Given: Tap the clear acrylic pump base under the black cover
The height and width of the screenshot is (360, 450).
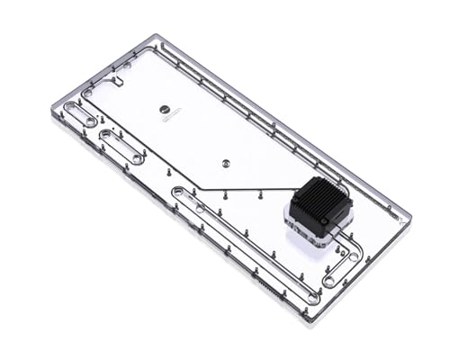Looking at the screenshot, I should pyautogui.click(x=310, y=229).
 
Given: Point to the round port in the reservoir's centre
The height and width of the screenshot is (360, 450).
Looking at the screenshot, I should pyautogui.click(x=225, y=165).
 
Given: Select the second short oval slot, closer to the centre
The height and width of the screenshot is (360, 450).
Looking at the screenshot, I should pyautogui.click(x=121, y=146).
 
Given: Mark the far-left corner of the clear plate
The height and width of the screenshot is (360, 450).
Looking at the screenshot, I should pyautogui.click(x=51, y=108).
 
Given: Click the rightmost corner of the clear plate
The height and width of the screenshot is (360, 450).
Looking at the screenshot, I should pyautogui.click(x=410, y=218).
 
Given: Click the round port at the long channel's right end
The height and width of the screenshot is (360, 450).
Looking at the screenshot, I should pyautogui.click(x=312, y=296).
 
